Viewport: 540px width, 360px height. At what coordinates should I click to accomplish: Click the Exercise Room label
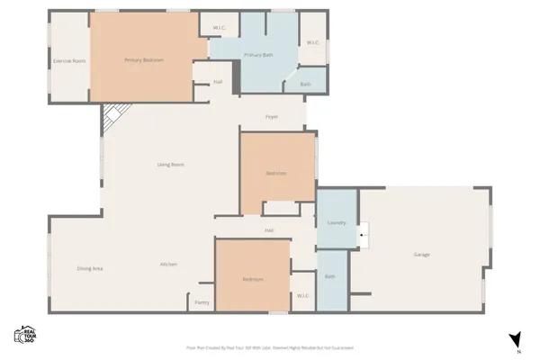click(68, 61)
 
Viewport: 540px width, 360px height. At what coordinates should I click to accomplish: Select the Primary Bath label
click(258, 56)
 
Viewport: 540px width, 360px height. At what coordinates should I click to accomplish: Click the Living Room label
click(171, 165)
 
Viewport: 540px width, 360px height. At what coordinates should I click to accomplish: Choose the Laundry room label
click(337, 221)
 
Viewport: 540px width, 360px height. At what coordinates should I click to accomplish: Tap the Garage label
click(421, 255)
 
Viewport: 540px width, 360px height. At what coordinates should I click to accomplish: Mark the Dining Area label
click(90, 268)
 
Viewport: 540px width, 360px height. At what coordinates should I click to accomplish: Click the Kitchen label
click(168, 264)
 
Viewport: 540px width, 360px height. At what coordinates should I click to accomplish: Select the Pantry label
click(202, 302)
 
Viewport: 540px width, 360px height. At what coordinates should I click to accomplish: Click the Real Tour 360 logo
click(24, 334)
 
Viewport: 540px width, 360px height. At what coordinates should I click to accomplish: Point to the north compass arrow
click(516, 339)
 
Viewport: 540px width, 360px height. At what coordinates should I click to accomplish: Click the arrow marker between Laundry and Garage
click(363, 236)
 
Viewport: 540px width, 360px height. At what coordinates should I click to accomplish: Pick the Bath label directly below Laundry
click(329, 276)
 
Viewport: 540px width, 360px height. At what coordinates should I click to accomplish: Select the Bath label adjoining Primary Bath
click(306, 85)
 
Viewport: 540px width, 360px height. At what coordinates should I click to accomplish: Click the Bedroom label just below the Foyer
click(275, 173)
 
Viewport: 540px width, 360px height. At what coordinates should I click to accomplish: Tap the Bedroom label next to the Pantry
click(253, 280)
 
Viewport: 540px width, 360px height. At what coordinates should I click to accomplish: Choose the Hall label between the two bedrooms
click(269, 231)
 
